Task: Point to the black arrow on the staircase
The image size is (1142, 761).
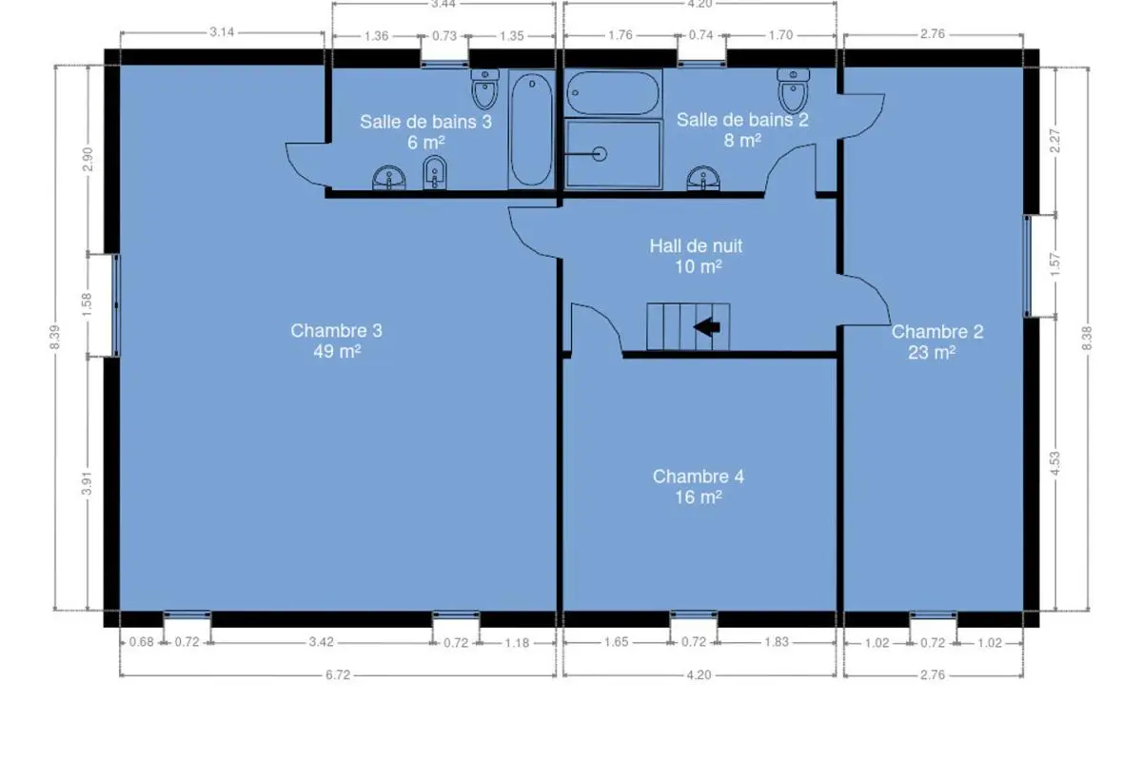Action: click(707, 326)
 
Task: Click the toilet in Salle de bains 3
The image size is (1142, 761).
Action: click(484, 89)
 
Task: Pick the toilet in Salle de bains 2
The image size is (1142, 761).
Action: click(794, 90)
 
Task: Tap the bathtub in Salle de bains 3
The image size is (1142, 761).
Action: click(532, 129)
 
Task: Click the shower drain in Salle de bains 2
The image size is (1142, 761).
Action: click(600, 153)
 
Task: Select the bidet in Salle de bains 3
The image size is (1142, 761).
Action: click(435, 172)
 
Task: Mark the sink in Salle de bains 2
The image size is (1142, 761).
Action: click(703, 179)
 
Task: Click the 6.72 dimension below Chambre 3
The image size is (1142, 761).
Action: click(338, 675)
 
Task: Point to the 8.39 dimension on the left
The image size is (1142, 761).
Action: click(55, 337)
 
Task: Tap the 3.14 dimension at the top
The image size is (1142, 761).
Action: click(223, 32)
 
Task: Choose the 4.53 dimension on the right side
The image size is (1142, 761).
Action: click(1054, 463)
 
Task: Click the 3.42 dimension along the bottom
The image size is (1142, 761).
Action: click(322, 642)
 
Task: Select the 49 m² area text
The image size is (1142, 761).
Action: click(338, 351)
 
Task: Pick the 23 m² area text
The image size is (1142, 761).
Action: click(932, 352)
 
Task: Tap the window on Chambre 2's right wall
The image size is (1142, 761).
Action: click(1027, 266)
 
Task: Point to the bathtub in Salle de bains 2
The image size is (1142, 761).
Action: click(613, 93)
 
